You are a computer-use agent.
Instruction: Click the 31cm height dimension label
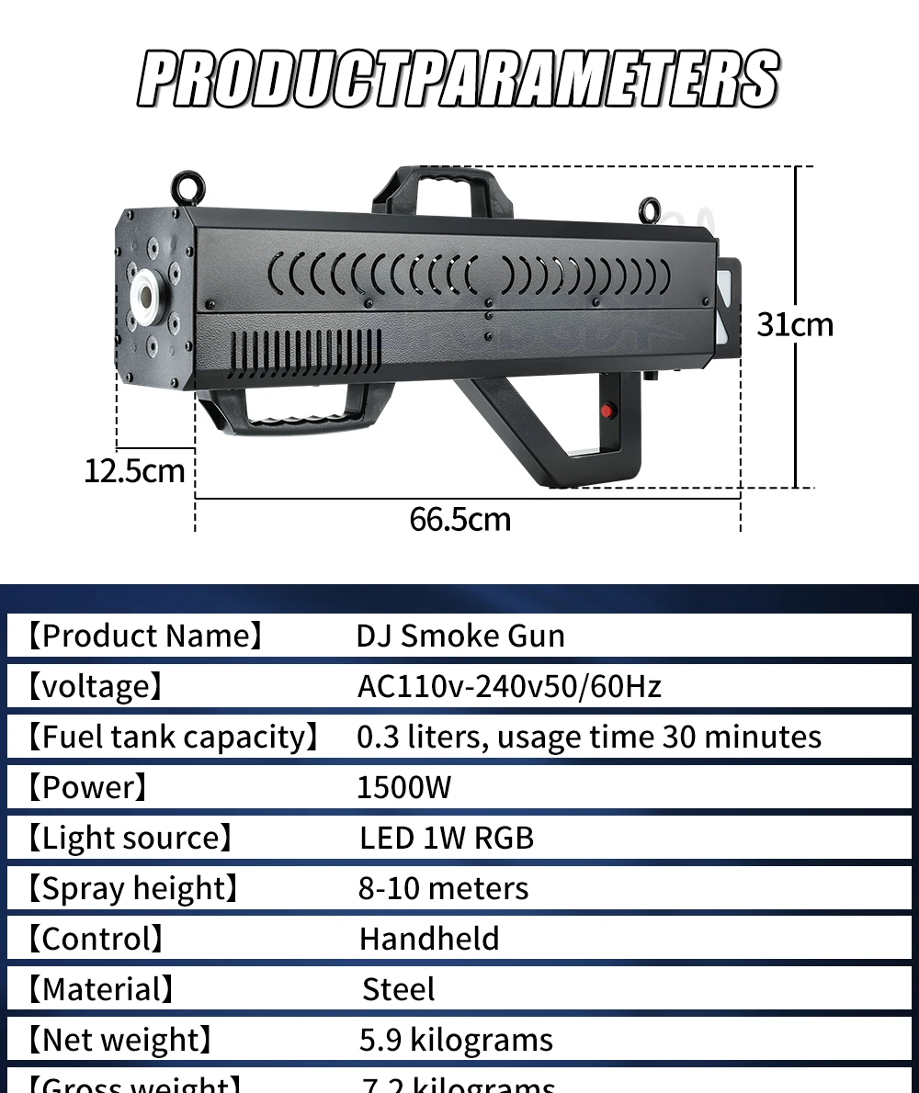(795, 324)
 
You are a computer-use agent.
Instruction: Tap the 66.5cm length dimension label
(459, 519)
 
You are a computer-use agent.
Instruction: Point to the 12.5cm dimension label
(134, 471)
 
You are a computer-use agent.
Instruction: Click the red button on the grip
(607, 411)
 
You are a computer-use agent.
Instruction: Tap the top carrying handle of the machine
(444, 187)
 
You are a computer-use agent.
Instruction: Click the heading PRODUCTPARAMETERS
(459, 80)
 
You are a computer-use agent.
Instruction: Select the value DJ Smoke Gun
(460, 636)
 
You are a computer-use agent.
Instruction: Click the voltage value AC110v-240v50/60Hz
(509, 686)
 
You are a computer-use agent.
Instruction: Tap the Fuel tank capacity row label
(172, 737)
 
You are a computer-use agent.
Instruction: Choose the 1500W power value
(404, 787)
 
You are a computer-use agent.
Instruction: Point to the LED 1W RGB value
(447, 838)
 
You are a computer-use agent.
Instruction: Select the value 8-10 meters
(443, 888)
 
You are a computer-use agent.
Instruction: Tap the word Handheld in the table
(429, 939)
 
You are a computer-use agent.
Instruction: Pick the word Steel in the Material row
(399, 989)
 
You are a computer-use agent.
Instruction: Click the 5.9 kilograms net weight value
(456, 1040)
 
